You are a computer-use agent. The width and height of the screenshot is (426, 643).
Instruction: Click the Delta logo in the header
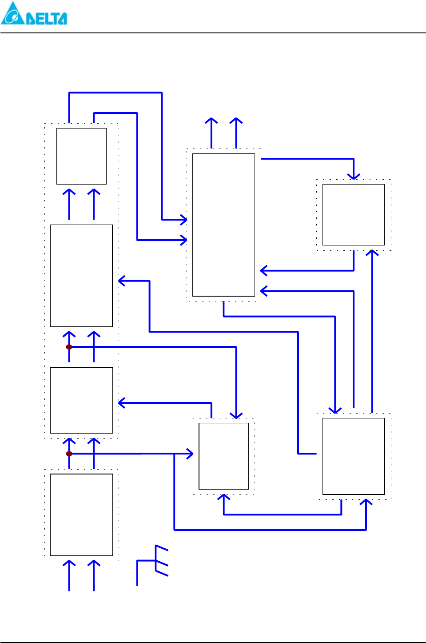point(34,14)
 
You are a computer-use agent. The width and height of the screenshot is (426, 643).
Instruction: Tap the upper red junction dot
point(69,347)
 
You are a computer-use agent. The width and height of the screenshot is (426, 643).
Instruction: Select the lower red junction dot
point(69,454)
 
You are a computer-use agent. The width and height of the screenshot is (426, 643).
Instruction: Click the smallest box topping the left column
point(81,156)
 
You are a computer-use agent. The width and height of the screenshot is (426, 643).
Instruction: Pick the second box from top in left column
point(81,276)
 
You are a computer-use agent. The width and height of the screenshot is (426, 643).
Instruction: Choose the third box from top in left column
point(81,400)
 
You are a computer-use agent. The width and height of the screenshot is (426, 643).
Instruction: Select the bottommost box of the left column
point(81,514)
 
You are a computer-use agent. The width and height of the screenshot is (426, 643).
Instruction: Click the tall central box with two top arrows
point(223,225)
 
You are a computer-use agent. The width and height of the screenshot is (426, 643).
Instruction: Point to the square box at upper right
point(353,214)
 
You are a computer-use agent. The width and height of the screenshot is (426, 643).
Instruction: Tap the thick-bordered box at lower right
point(353,456)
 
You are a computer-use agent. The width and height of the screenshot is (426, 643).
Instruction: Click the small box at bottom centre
point(223,456)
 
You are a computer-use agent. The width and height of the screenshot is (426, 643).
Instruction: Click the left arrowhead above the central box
point(211,121)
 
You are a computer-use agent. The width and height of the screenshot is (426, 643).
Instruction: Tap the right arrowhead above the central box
point(236,121)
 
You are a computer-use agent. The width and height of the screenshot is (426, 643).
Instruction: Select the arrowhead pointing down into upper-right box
point(353,176)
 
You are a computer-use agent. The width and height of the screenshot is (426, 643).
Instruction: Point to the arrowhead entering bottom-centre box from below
point(223,497)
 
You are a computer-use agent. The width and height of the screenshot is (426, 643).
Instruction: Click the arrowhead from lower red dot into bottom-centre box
point(190,454)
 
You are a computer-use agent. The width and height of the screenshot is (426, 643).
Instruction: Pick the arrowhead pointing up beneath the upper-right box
point(372,253)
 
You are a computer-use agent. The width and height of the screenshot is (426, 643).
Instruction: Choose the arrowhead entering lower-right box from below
point(366,502)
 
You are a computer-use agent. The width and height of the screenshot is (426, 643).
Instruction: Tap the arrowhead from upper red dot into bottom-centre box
point(236,415)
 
